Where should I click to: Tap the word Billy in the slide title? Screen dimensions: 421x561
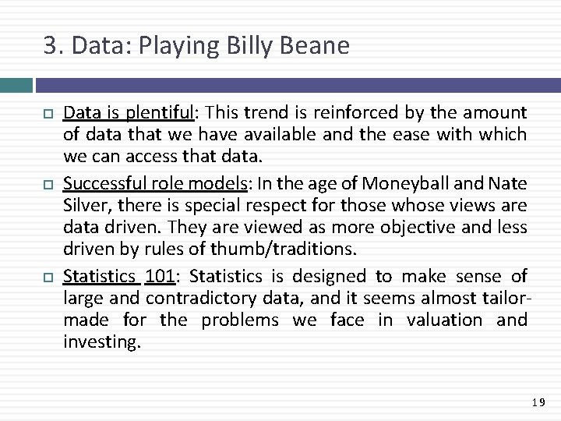pyautogui.click(x=249, y=47)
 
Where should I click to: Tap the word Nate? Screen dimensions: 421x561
pyautogui.click(x=508, y=185)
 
